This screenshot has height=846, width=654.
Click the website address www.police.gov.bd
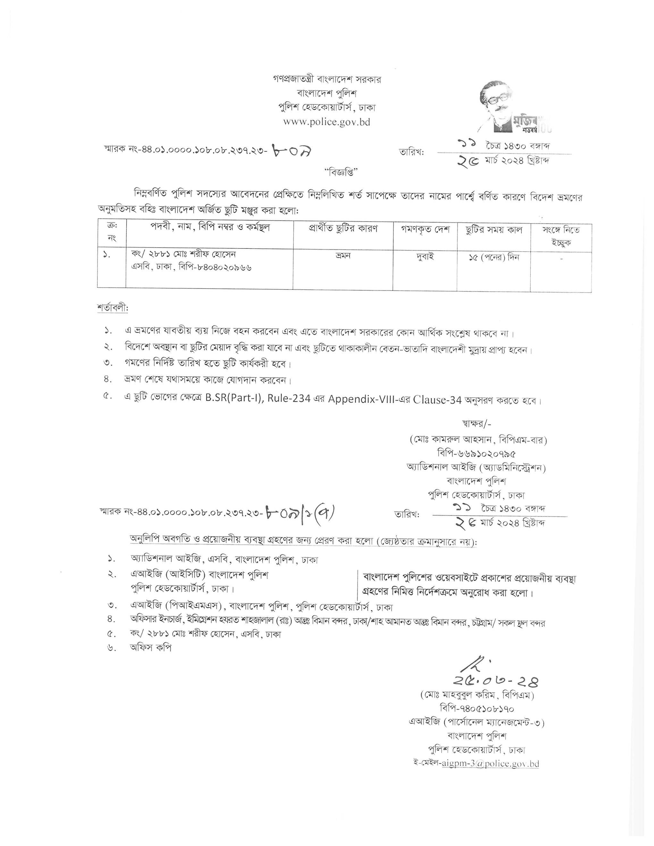coord(327,122)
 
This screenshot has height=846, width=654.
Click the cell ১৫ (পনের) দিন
coord(494,257)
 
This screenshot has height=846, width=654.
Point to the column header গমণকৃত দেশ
coord(425,230)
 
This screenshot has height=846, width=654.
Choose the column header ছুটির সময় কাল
coord(494,230)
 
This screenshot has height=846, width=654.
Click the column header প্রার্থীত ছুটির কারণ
coord(343,229)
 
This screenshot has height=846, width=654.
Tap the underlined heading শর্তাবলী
coord(112,308)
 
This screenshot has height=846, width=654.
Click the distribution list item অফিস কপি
coord(151,647)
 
